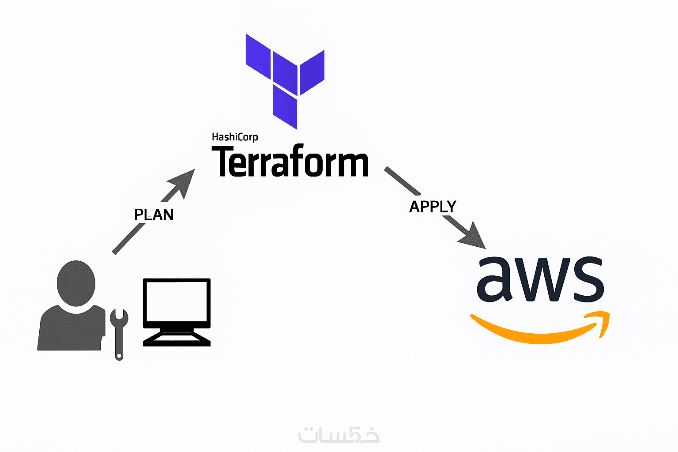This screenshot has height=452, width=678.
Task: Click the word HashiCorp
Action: tap(235, 137)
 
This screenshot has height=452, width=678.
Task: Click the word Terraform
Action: tap(290, 162)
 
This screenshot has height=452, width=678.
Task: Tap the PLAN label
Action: tap(154, 215)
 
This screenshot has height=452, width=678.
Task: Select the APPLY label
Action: tap(433, 207)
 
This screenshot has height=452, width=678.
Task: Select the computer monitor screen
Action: tap(177, 302)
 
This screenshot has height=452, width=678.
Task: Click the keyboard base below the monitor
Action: tap(177, 339)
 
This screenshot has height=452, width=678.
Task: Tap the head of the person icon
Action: tap(76, 283)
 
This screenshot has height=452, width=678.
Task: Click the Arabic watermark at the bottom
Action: tap(339, 435)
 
